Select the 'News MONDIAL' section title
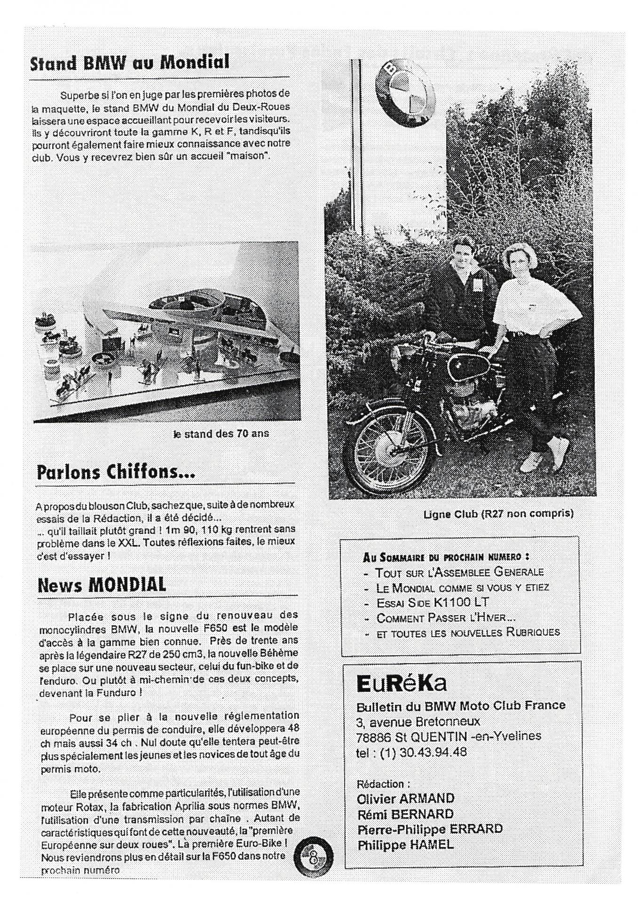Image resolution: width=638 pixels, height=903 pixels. click(x=102, y=585)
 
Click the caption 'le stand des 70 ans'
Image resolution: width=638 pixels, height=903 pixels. click(x=221, y=434)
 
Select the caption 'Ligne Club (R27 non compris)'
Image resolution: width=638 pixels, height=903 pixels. click(x=498, y=514)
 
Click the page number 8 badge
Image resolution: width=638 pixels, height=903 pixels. click(x=313, y=860)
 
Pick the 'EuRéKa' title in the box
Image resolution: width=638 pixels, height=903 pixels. click(x=402, y=684)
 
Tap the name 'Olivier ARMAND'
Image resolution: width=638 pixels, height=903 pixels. click(x=406, y=799)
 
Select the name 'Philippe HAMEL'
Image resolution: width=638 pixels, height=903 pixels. click(x=406, y=845)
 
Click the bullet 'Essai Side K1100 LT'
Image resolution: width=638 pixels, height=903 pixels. click(x=433, y=602)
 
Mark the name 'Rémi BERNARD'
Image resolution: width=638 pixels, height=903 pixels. click(x=406, y=814)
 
